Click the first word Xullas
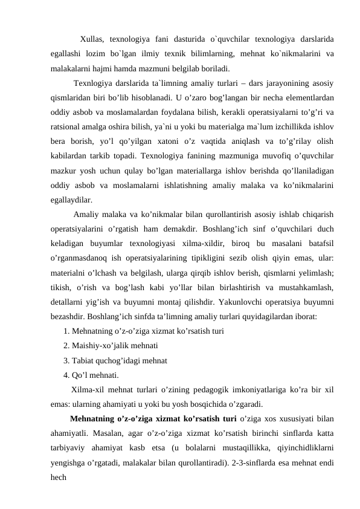coord(92,40)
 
